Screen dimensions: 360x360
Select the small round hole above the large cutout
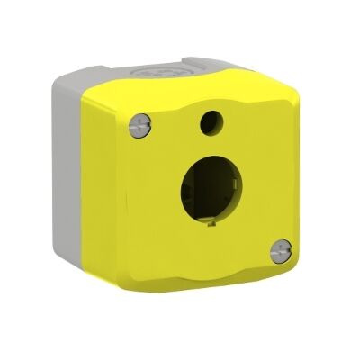tap(213, 118)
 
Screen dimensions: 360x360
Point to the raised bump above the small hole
tap(213, 97)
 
